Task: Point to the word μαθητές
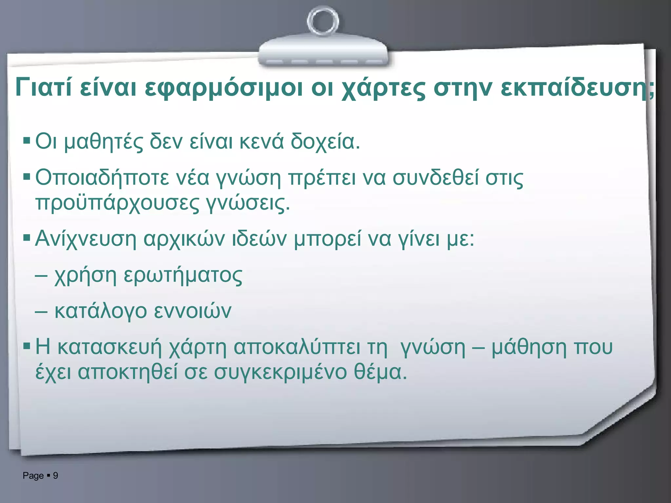pyautogui.click(x=103, y=142)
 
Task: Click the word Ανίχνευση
pyautogui.click(x=86, y=239)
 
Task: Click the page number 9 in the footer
pyautogui.click(x=56, y=475)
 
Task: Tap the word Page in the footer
pyautogui.click(x=33, y=476)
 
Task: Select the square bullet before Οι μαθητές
pyautogui.click(x=27, y=141)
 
